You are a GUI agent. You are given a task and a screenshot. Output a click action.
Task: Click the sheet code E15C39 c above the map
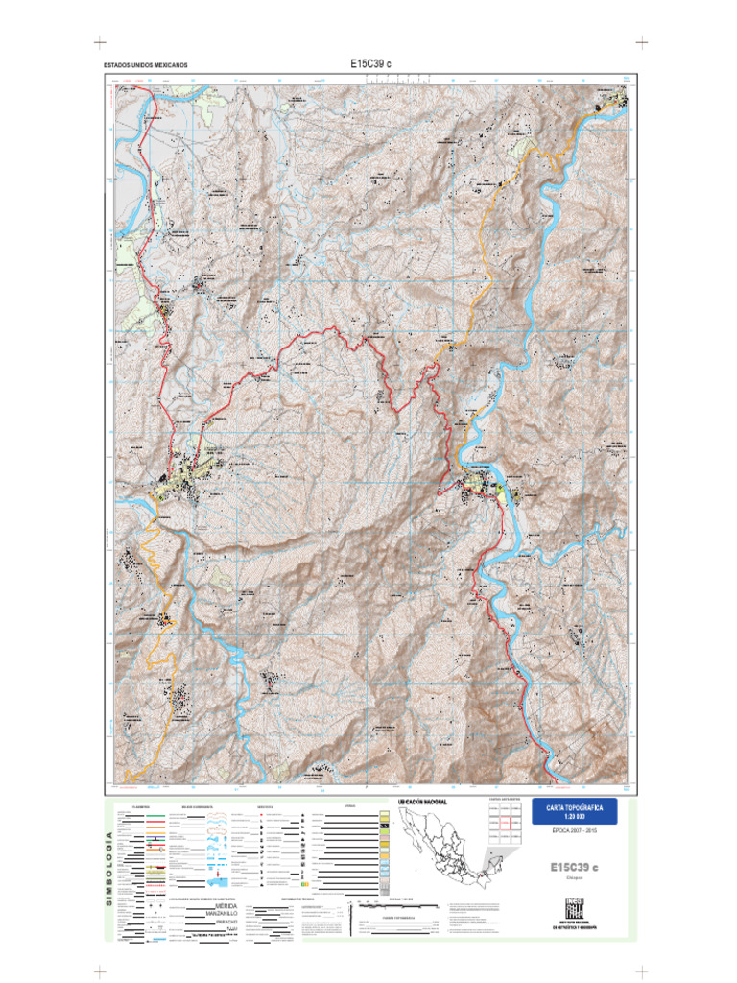click(x=370, y=63)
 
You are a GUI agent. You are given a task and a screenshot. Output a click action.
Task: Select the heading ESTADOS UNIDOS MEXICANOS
click(x=145, y=66)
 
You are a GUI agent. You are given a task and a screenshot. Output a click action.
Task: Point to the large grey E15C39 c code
click(x=573, y=867)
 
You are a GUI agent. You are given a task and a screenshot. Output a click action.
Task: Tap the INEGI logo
click(x=575, y=905)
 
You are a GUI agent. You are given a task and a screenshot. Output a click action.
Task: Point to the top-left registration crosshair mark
click(x=98, y=43)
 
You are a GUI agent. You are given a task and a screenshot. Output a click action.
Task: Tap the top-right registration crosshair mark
click(x=640, y=43)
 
